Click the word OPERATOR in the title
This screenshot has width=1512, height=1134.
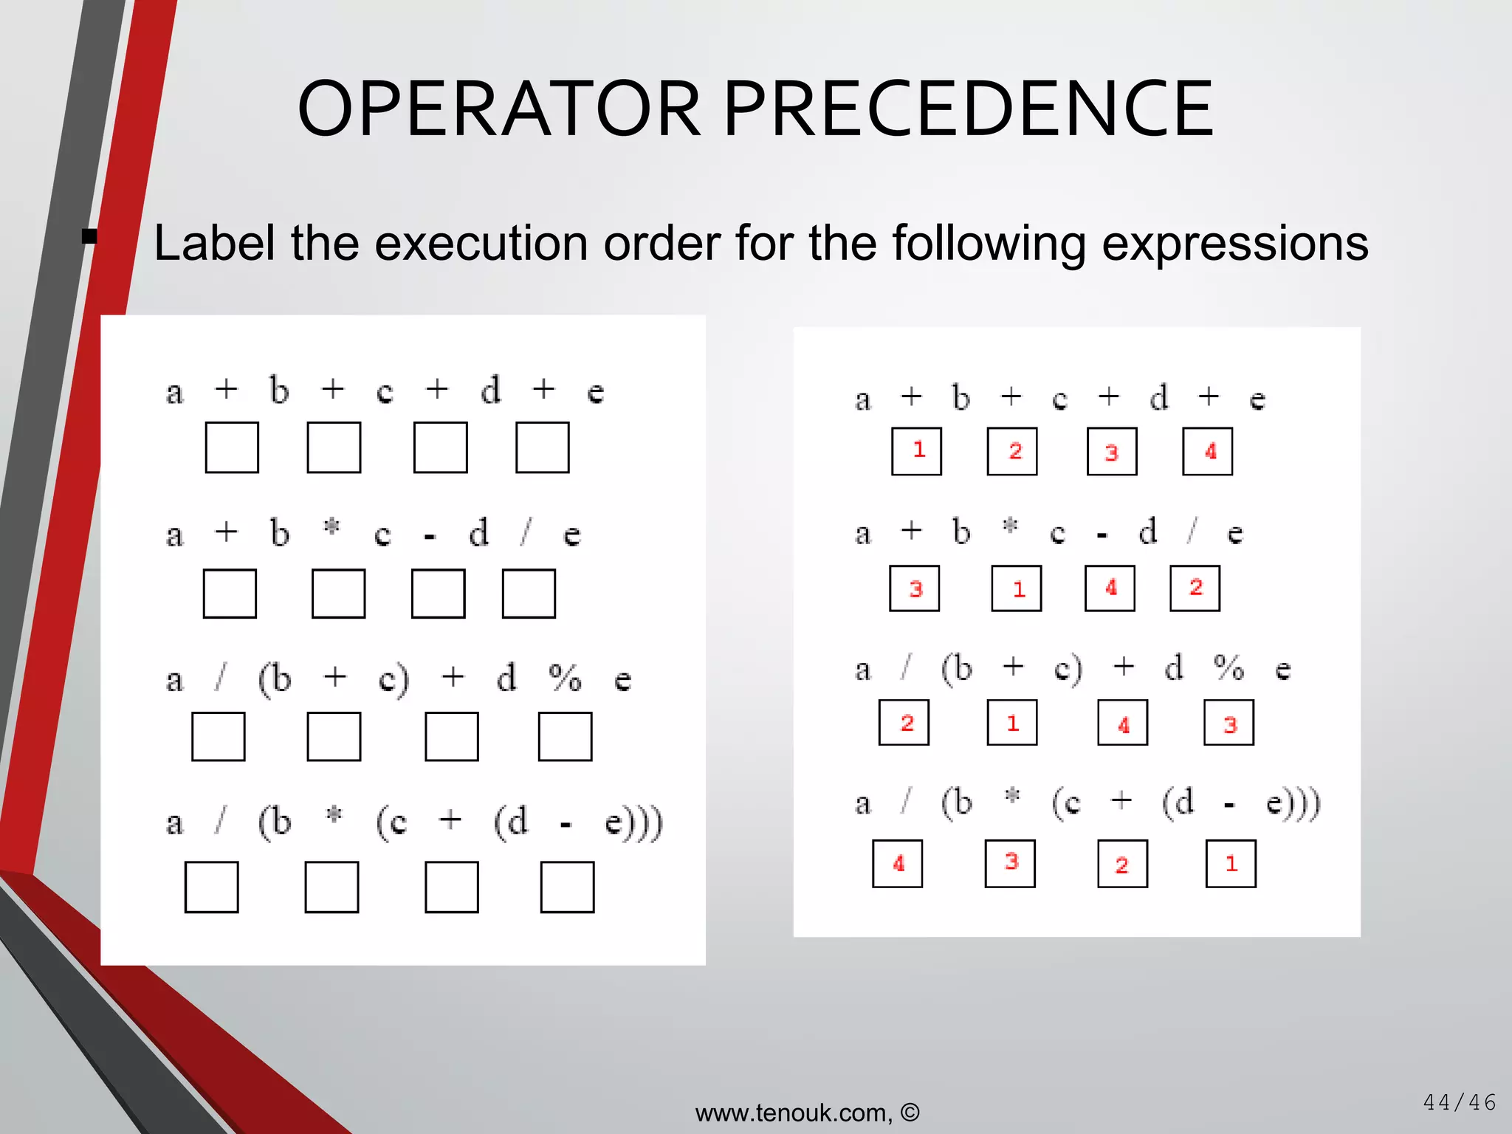click(x=499, y=109)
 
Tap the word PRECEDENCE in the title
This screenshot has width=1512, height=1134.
click(x=968, y=109)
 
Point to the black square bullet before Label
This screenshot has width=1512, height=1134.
click(x=90, y=237)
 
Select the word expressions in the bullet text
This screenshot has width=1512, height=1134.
click(x=1234, y=244)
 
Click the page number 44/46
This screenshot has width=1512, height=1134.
click(x=1459, y=1102)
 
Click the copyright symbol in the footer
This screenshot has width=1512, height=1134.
click(x=910, y=1112)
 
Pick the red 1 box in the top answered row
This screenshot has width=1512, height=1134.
click(x=917, y=451)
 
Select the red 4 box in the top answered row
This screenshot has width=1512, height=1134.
click(x=1208, y=451)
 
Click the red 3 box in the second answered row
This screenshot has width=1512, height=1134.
click(x=915, y=588)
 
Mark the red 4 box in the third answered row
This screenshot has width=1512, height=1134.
click(x=1123, y=723)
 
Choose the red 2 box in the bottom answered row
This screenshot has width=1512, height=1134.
click(x=1123, y=864)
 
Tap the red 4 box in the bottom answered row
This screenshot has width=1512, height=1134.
click(x=898, y=864)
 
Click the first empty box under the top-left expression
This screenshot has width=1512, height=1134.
click(x=232, y=447)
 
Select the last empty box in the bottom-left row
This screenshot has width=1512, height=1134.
click(x=567, y=887)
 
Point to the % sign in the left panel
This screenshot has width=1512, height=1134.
click(x=565, y=678)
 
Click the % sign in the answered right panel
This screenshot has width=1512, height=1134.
click(x=1229, y=668)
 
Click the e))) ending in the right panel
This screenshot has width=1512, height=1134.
click(x=1293, y=803)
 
